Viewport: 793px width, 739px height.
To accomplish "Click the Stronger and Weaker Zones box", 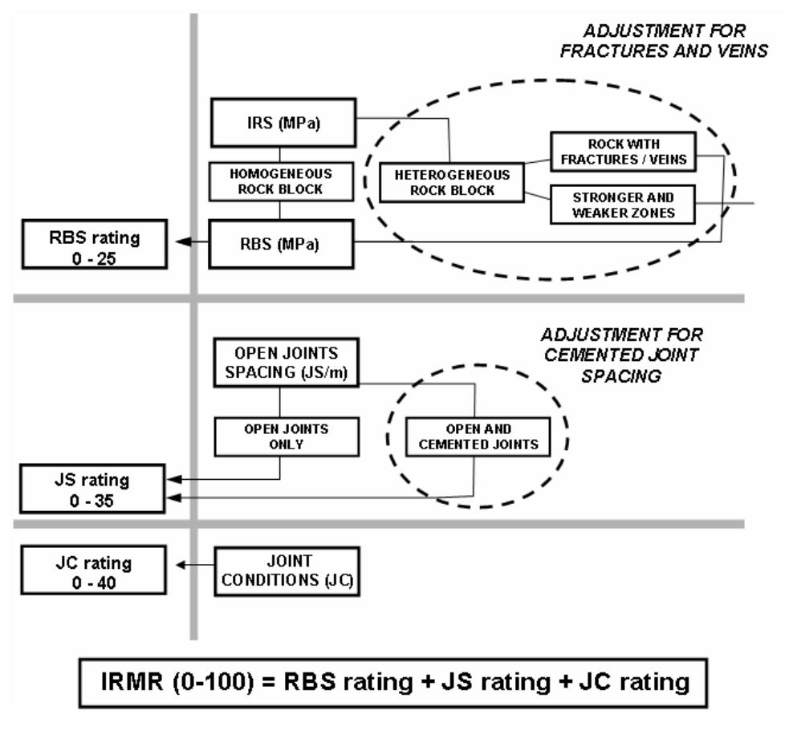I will pyautogui.click(x=623, y=204).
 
